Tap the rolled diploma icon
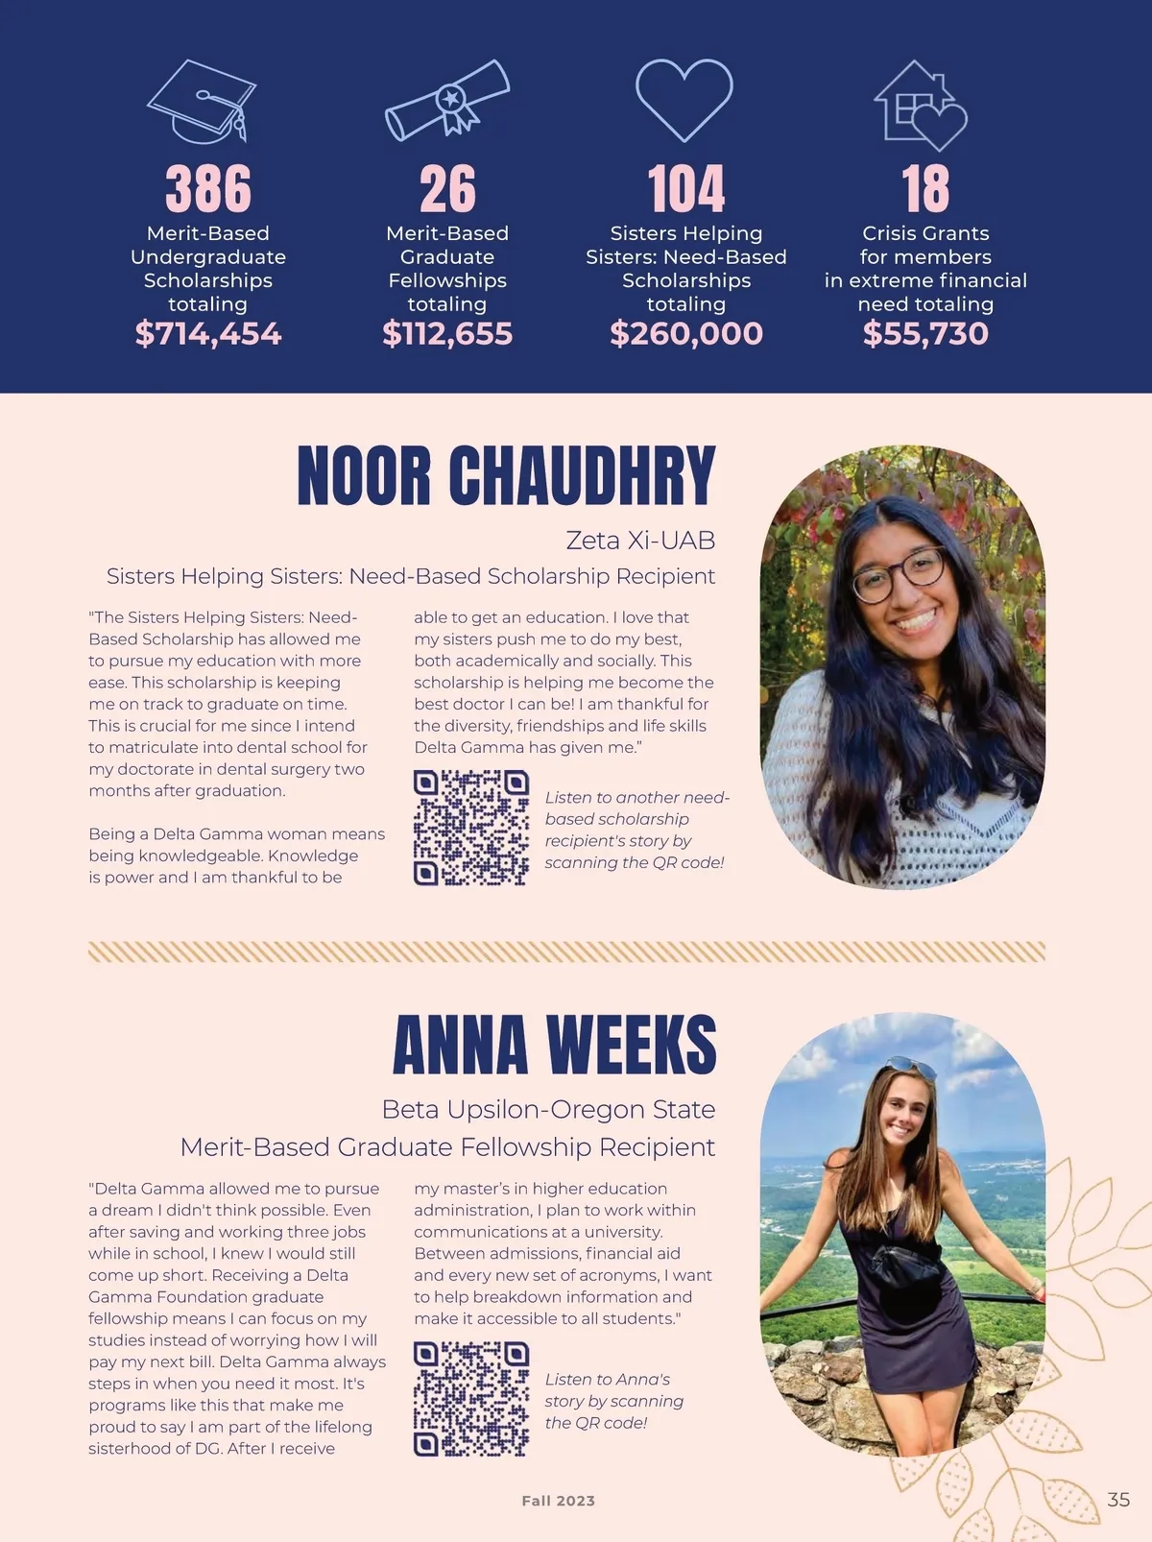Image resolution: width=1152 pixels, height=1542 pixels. tap(447, 100)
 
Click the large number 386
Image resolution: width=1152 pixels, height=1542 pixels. tap(208, 188)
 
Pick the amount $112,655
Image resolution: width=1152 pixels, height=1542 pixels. tap(447, 333)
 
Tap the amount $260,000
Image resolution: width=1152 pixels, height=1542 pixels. tap(686, 333)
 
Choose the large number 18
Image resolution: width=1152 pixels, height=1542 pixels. tap(925, 188)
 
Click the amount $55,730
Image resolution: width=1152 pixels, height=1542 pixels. tap(925, 333)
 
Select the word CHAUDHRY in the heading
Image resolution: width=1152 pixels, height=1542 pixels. tap(582, 475)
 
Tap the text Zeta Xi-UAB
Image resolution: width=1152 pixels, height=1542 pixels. tap(640, 541)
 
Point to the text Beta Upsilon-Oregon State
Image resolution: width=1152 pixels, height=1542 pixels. tap(548, 1109)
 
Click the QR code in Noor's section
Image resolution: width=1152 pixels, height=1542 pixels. tap(471, 827)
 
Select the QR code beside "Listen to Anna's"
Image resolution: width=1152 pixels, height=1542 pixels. tap(471, 1398)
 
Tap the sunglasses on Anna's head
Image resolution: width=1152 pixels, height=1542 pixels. tap(909, 1067)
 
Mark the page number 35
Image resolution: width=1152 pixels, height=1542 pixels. tap(1118, 1499)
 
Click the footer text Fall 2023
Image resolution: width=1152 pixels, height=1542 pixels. tap(558, 1501)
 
